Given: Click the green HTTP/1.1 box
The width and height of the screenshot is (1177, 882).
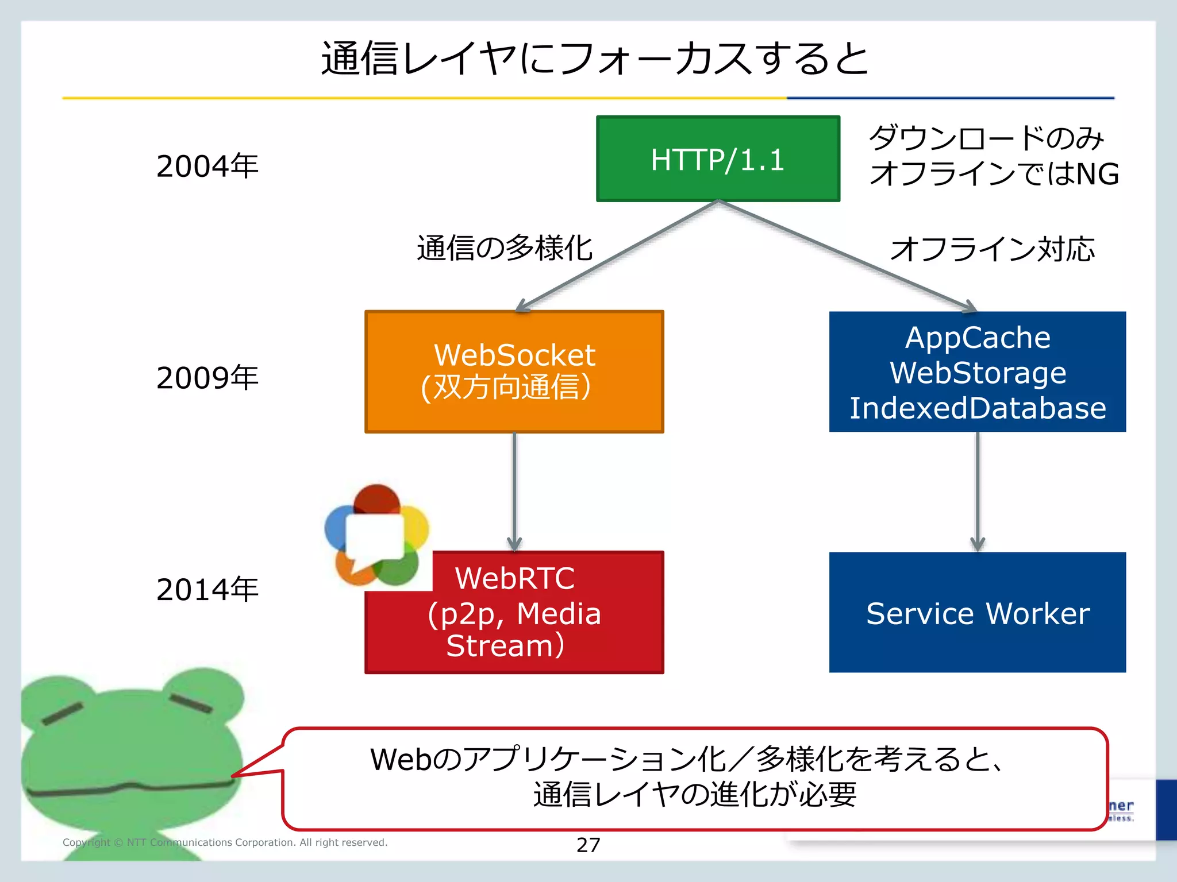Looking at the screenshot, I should tap(718, 159).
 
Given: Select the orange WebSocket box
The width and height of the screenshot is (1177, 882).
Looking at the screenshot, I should tap(514, 372).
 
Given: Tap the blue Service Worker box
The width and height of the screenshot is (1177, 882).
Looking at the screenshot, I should tap(977, 613).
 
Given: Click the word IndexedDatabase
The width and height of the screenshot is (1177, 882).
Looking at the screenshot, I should tap(977, 408).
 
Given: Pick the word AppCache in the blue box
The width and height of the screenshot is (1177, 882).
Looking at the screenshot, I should tap(977, 338).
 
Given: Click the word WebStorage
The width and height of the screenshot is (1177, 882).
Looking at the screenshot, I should tap(977, 373).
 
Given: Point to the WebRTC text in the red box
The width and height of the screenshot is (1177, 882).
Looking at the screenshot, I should tap(514, 578).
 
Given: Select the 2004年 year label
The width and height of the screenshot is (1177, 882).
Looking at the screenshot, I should tap(207, 167).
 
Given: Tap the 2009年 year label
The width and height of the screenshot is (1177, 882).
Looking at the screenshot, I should tap(207, 378).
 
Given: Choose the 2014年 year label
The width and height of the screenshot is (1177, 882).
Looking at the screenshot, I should tap(207, 590).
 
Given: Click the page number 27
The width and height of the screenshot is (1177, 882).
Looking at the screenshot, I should tap(588, 845).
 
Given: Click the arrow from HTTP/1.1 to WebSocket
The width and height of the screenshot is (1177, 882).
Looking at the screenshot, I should tap(618, 256).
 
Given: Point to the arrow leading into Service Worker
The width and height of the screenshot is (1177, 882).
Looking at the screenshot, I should tap(978, 491).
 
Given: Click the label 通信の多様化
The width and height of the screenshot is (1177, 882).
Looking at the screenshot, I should tap(505, 249).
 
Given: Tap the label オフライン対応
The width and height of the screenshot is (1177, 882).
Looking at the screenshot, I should tap(992, 249).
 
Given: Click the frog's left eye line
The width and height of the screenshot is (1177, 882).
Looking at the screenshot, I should tap(62, 713).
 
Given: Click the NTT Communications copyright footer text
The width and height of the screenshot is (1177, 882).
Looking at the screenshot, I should tap(225, 842).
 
